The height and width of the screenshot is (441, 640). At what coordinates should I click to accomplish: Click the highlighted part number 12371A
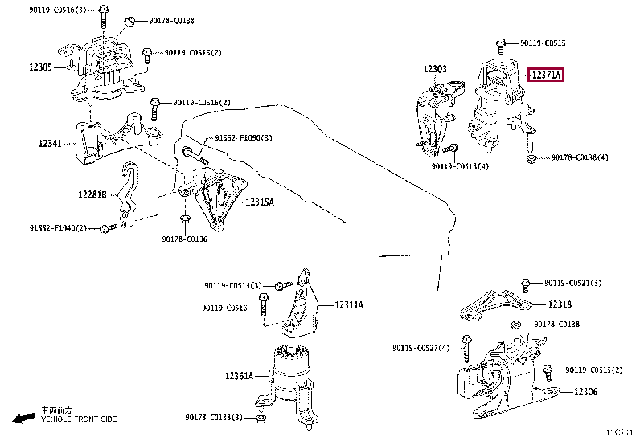click(546, 76)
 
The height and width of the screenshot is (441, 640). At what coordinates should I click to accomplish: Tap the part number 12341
click(50, 144)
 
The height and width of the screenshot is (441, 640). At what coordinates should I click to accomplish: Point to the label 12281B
click(93, 194)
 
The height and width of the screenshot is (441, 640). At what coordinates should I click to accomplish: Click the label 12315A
click(259, 202)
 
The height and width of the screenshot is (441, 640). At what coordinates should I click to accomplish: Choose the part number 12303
click(435, 69)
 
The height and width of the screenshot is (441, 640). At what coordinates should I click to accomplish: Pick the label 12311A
click(348, 304)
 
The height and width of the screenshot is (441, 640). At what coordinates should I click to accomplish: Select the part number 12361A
click(239, 375)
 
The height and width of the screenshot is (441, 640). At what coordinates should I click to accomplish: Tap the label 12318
click(560, 304)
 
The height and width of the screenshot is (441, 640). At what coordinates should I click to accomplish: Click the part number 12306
click(585, 391)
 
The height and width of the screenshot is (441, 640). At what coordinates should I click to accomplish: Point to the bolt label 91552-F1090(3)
click(243, 138)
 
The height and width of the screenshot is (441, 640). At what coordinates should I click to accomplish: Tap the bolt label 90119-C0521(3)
click(577, 283)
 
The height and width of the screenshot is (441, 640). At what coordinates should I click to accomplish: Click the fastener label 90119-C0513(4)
click(459, 166)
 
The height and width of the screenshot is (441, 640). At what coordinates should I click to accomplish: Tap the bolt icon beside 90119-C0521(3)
click(525, 283)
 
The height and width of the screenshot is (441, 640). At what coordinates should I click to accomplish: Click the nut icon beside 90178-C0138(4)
click(531, 158)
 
